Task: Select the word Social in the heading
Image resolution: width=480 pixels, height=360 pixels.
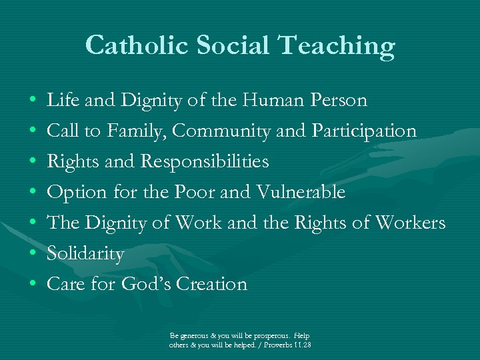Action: [x=234, y=45]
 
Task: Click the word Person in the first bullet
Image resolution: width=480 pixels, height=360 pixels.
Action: [x=341, y=100]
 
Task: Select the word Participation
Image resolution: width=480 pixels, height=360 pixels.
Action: [x=364, y=131]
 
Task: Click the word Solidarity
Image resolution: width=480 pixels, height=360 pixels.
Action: [x=85, y=254]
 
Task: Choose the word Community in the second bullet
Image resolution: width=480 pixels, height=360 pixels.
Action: [x=221, y=131]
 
